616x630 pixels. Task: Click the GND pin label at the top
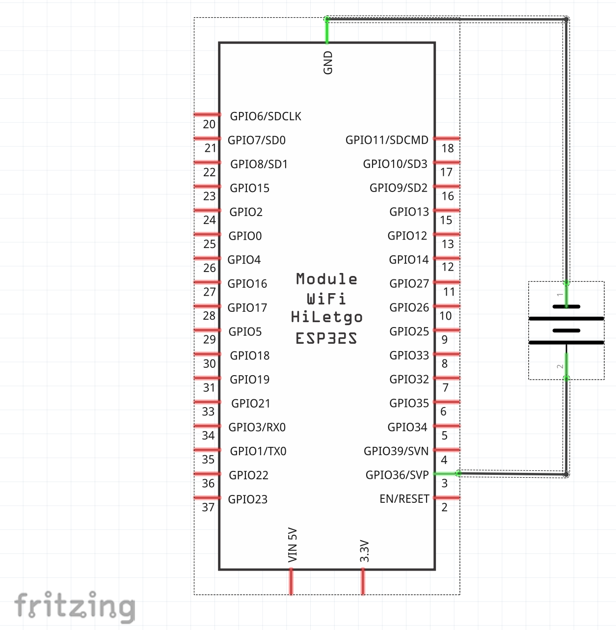tap(328, 62)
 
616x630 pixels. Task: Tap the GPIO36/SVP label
tap(397, 475)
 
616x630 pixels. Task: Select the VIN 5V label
tap(293, 545)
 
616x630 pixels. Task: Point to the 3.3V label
tap(364, 551)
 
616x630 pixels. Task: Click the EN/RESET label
tap(404, 499)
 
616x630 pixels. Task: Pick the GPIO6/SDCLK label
tap(266, 116)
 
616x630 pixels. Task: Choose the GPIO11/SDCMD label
tap(387, 140)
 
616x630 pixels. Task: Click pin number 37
tap(208, 507)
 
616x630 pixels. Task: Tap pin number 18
tap(448, 148)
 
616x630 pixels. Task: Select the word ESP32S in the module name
tap(326, 338)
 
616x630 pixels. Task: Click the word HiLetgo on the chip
tap(326, 317)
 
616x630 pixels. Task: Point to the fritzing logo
tap(75, 606)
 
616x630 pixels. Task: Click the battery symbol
tap(566, 325)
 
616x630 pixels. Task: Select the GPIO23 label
tap(248, 499)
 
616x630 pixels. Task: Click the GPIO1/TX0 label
tap(258, 451)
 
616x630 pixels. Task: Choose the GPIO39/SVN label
tap(396, 451)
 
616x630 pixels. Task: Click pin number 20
tap(209, 124)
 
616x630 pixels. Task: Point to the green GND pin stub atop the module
tap(327, 31)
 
